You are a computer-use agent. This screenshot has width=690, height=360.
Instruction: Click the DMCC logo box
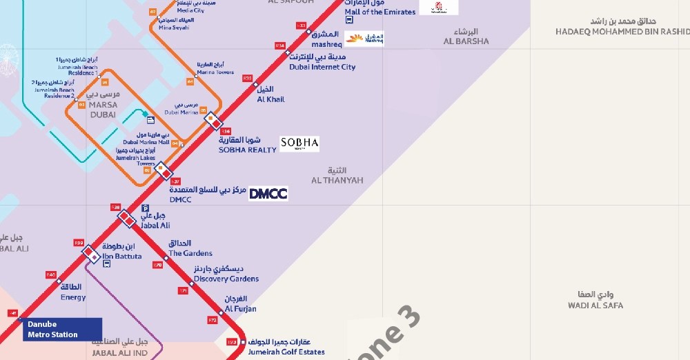[268, 194]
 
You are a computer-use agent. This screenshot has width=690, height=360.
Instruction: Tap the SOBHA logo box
[299, 143]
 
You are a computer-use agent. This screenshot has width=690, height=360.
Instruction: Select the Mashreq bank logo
[364, 39]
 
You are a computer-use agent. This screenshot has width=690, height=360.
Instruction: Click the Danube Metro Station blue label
[62, 330]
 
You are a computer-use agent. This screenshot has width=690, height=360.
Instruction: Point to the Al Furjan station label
[240, 304]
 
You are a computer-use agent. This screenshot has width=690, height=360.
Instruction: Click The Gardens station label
[190, 249]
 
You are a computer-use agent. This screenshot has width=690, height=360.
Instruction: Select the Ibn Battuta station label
[121, 252]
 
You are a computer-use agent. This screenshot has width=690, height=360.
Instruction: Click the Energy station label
[73, 292]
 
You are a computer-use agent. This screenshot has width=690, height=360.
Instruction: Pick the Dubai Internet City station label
[322, 62]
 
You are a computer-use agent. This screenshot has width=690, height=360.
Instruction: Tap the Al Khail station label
[270, 94]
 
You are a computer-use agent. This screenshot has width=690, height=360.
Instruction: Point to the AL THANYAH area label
[337, 176]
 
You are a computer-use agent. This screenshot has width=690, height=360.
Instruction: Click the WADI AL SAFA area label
[595, 300]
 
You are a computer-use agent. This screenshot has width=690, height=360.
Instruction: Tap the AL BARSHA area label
[466, 37]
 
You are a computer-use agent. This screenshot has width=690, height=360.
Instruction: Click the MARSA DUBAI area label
[103, 110]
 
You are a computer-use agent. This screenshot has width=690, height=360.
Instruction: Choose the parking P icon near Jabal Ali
[145, 208]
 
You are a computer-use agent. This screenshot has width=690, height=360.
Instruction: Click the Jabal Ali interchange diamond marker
[126, 218]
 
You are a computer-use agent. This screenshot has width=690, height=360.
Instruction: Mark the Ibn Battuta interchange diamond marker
[91, 254]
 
